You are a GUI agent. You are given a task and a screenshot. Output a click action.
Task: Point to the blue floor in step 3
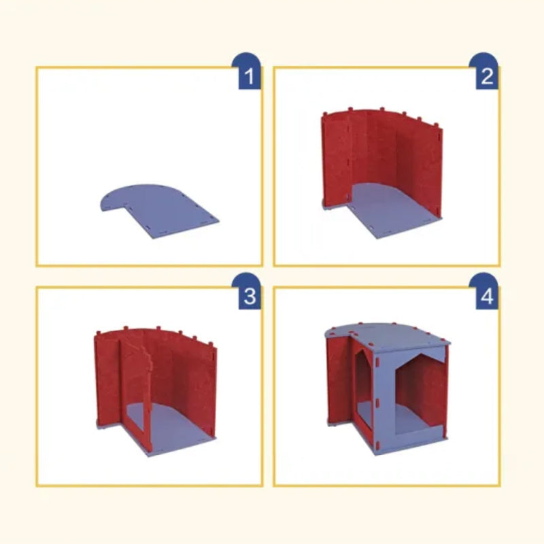(170, 425)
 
